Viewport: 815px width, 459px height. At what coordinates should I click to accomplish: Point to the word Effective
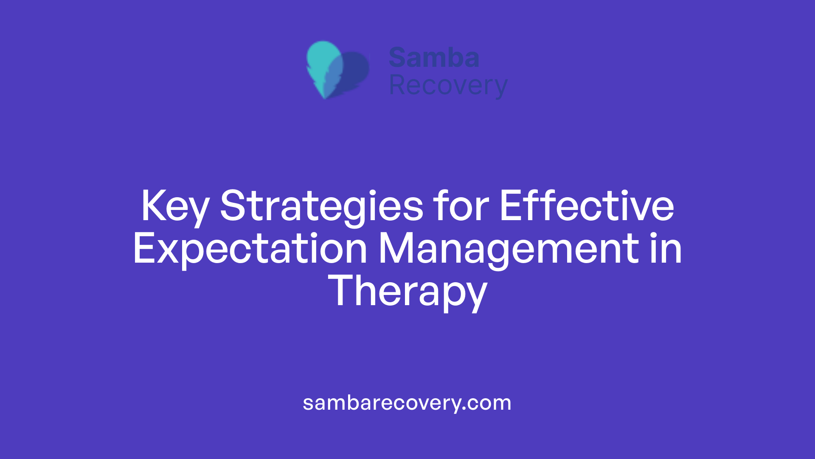click(587, 206)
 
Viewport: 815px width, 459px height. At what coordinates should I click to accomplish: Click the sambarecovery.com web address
click(407, 402)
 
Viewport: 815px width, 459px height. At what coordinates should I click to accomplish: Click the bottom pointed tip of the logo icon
click(325, 97)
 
